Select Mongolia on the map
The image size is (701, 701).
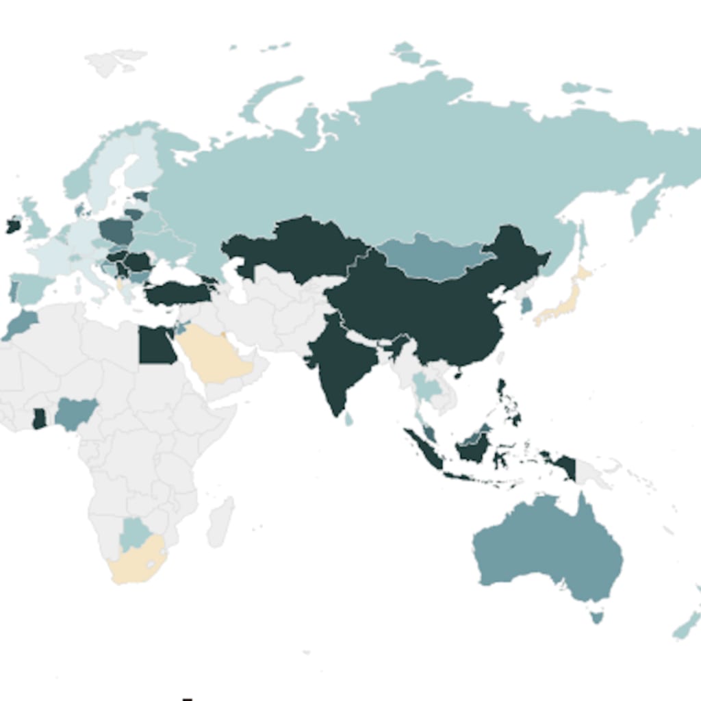431,259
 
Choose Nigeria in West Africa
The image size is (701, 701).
74,413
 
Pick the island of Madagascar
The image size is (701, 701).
221,522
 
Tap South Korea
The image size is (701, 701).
526,305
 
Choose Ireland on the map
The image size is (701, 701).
13,225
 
